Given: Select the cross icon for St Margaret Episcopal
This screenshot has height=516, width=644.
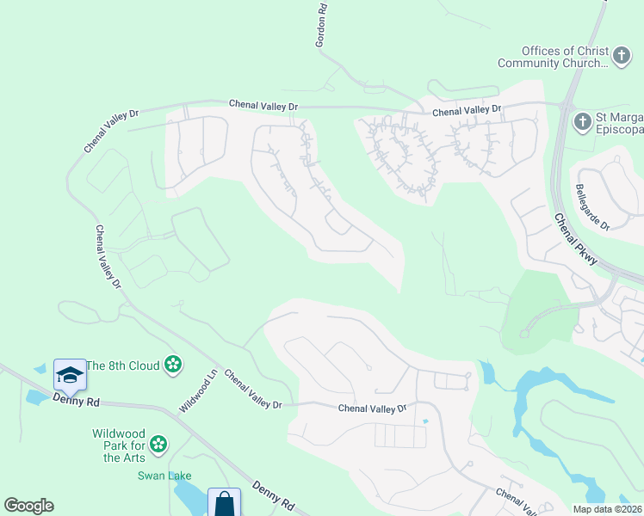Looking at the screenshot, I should click(583, 120).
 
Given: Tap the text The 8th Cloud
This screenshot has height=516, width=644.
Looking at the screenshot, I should click(124, 365).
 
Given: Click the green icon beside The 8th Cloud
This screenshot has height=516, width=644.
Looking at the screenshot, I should click(173, 365).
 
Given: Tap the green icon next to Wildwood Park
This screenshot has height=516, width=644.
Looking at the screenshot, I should click(158, 444).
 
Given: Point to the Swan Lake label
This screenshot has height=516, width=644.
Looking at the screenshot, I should click(166, 476).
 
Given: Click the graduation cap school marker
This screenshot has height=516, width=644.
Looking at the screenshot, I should click(70, 374).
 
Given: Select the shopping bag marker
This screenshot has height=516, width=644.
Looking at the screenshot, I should click(224, 503).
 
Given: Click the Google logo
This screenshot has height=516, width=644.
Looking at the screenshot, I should click(28, 506).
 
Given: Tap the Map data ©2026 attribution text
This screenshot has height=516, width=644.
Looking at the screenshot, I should click(606, 509).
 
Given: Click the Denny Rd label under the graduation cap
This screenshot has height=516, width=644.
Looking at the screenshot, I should click(76, 401).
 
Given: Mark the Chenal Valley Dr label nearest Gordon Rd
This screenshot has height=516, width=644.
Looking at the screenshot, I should click(263, 105).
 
